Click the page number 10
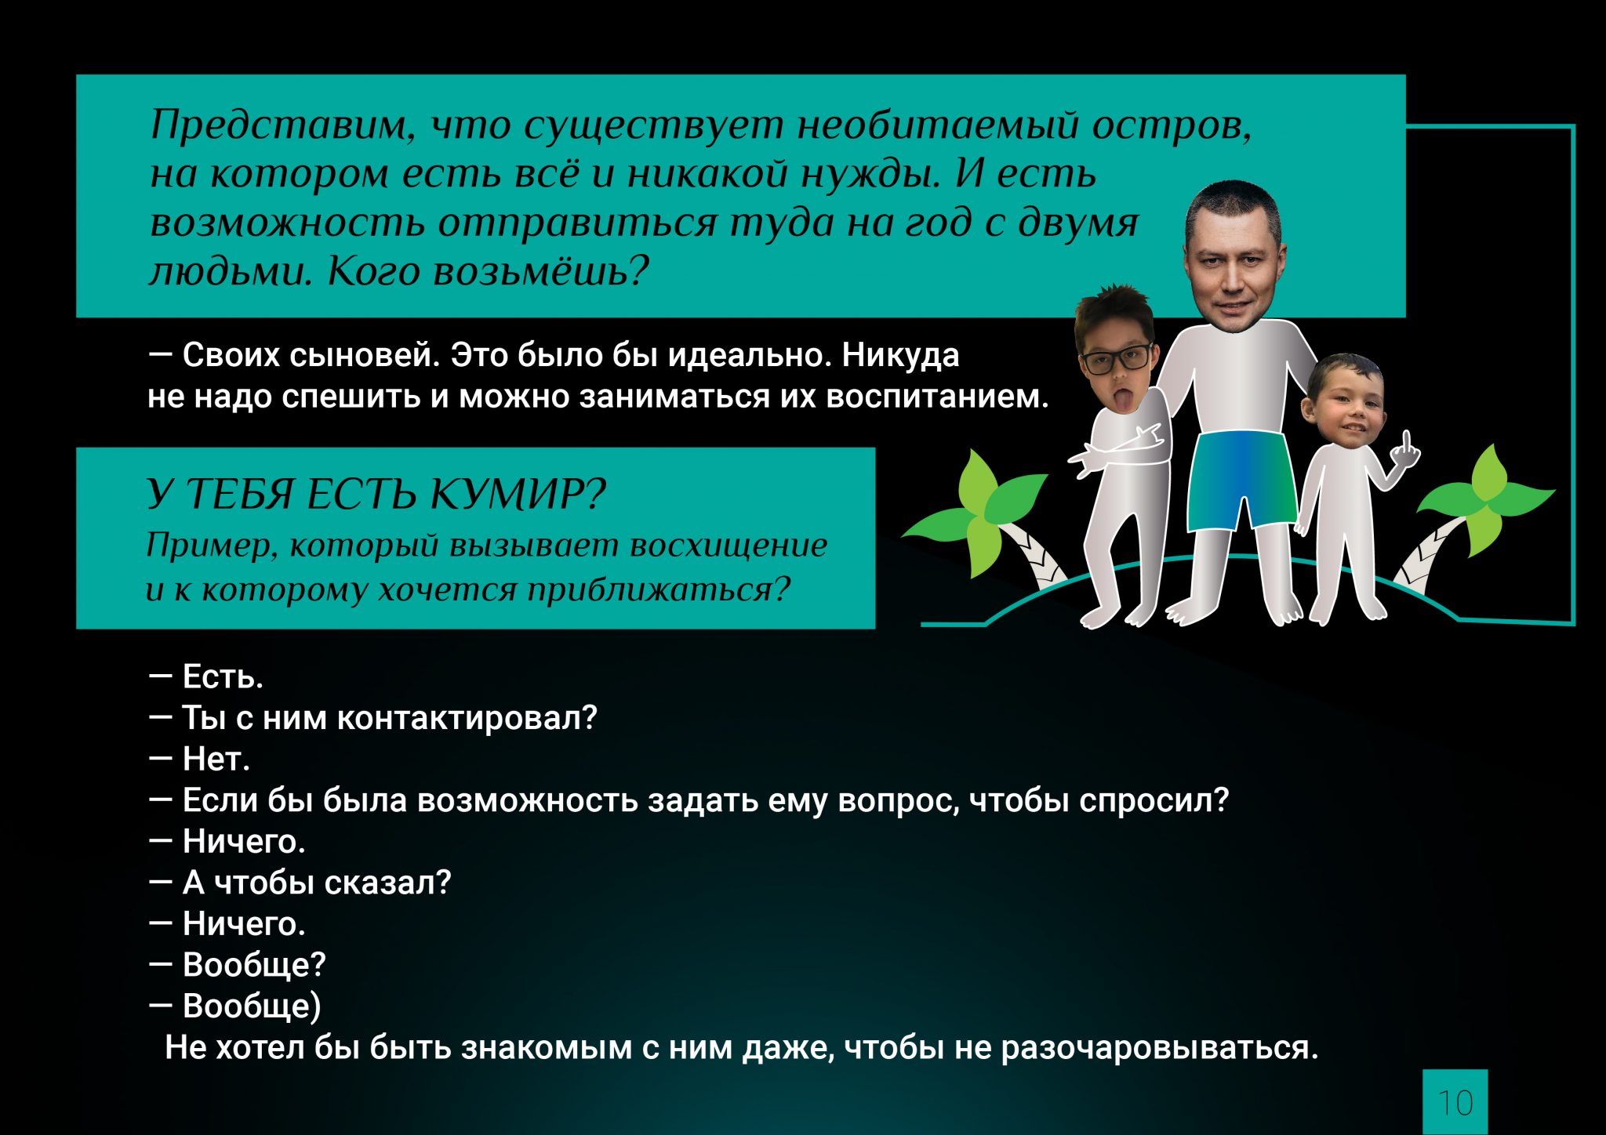coord(1455,1103)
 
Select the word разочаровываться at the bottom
coord(1160,1048)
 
